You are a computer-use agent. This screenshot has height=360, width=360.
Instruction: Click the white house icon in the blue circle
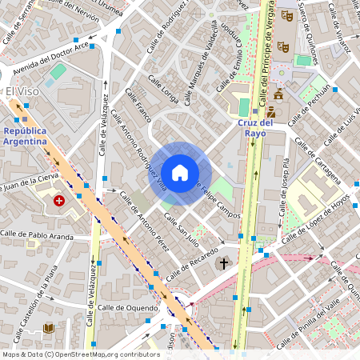[180, 172]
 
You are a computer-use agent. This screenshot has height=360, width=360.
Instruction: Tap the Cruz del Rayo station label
[256, 128]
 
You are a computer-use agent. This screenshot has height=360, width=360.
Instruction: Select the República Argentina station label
[25, 135]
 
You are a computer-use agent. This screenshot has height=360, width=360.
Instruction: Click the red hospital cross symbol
[58, 201]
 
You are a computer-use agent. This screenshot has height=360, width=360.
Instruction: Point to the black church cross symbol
[223, 262]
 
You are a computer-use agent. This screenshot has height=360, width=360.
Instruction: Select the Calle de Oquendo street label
[129, 307]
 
